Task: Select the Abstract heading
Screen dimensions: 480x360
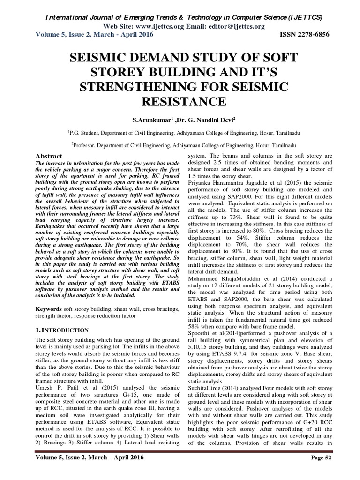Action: (49, 156)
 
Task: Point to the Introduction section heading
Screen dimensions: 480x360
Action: (62, 330)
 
